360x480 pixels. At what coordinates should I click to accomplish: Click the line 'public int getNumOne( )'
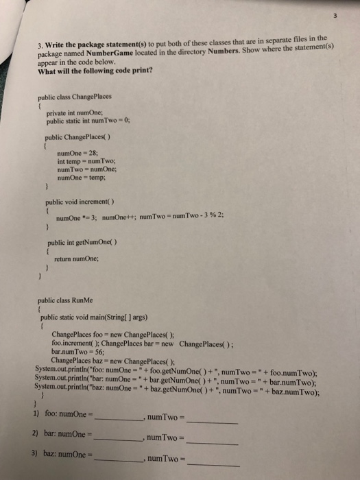78,242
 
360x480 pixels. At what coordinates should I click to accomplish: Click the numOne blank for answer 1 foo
117,417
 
